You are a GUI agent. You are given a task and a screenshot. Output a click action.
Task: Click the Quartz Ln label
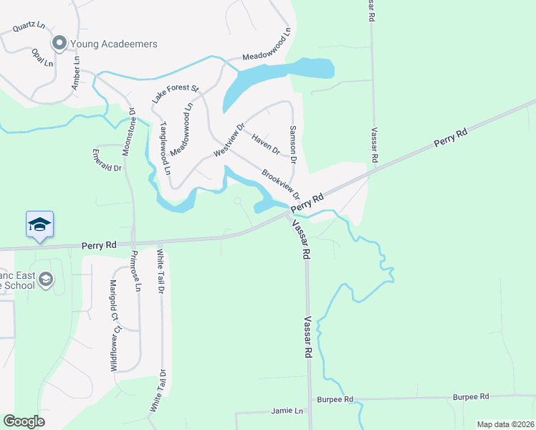(x=28, y=27)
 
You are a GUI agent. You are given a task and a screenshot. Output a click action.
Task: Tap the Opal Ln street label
(x=42, y=57)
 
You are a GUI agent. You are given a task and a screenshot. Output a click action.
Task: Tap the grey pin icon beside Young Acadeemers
(x=59, y=44)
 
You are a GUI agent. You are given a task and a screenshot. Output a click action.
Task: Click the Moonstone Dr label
(x=131, y=125)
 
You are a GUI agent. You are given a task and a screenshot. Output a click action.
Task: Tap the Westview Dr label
(x=229, y=141)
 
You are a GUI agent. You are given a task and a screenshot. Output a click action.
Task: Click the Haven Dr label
(x=265, y=145)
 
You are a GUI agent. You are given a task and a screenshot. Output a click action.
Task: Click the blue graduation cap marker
(x=39, y=224)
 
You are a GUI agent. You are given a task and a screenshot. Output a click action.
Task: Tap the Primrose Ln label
(x=135, y=271)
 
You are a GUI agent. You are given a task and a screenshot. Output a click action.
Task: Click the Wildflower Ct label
(x=113, y=348)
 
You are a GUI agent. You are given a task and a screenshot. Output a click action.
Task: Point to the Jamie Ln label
(x=287, y=411)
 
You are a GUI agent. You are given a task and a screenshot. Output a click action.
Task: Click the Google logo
(x=24, y=421)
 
